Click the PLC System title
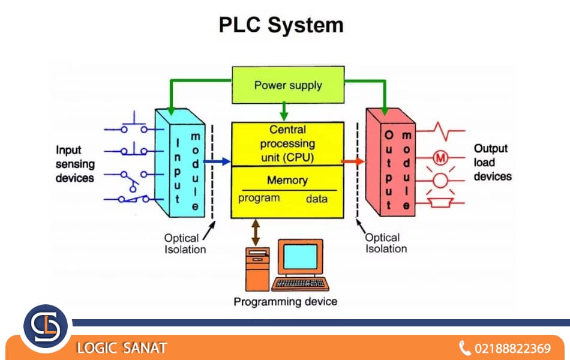[281, 25]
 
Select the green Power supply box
[288, 85]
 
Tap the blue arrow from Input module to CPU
[217, 161]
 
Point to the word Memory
[287, 180]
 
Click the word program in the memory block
[259, 198]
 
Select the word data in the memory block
[317, 199]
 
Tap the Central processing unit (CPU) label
[287, 144]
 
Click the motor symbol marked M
[441, 158]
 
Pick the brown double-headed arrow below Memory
[256, 230]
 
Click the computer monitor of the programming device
[301, 257]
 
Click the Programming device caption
[285, 301]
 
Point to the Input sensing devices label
[75, 164]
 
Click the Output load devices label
[492, 162]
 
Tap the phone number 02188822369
[512, 348]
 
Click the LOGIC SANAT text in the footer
[121, 348]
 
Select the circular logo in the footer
[46, 327]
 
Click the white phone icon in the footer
[464, 348]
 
